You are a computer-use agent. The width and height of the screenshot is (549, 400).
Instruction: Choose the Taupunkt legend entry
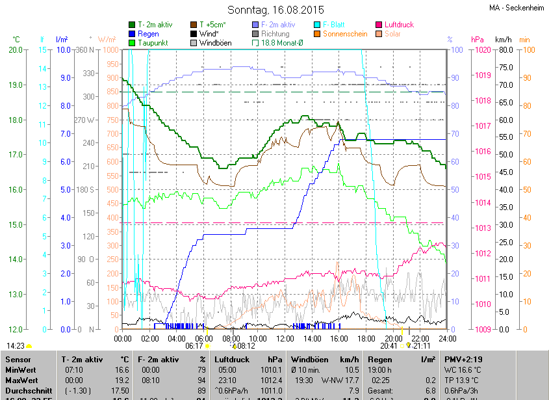[x=153, y=42]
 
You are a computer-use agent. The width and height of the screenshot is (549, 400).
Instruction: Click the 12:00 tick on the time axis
[x=285, y=338]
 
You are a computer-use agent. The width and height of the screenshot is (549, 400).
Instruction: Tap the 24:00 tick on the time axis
[x=446, y=338]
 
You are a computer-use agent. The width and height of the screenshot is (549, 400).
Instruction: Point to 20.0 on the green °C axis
[x=15, y=50]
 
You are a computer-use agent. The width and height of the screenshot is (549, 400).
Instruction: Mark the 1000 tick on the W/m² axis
[x=110, y=50]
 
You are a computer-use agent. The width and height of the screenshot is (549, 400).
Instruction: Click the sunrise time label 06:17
[x=194, y=346]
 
